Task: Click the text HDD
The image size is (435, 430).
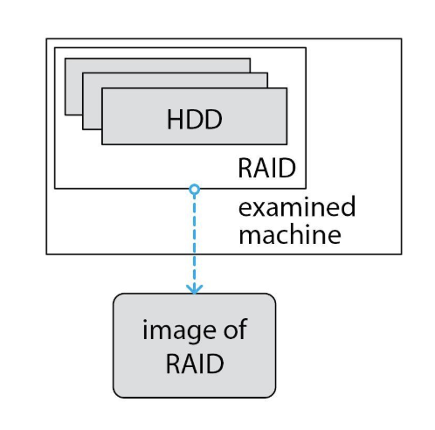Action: point(195,119)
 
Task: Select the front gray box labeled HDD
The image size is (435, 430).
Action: point(195,116)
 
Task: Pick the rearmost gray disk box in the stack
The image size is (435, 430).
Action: point(73,87)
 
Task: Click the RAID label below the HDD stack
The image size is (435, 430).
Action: point(266,168)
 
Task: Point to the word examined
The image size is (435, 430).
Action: point(297,206)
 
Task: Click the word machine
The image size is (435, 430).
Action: point(290,235)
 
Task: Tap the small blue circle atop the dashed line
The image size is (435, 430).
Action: point(194,190)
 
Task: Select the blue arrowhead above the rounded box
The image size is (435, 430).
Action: point(194,288)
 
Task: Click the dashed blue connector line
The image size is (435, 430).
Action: point(194,241)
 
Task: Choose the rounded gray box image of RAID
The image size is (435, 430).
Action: point(194,345)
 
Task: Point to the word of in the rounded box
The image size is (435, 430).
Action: point(235,329)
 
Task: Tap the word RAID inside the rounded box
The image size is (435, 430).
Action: point(195,364)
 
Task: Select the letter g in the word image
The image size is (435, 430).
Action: point(197,334)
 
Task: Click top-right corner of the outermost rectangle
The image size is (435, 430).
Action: point(402,38)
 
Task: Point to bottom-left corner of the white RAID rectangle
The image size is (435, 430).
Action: point(55,189)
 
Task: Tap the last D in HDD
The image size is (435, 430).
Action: point(214,119)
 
